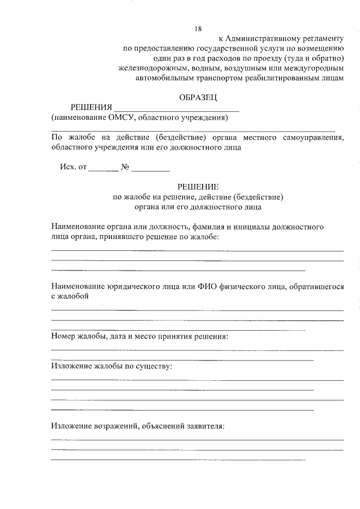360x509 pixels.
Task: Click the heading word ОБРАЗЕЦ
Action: tap(197, 97)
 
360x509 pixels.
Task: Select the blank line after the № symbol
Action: tap(151, 169)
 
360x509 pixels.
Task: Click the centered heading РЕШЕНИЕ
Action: tap(197, 187)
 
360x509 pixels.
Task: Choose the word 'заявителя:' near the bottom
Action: tap(205, 426)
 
